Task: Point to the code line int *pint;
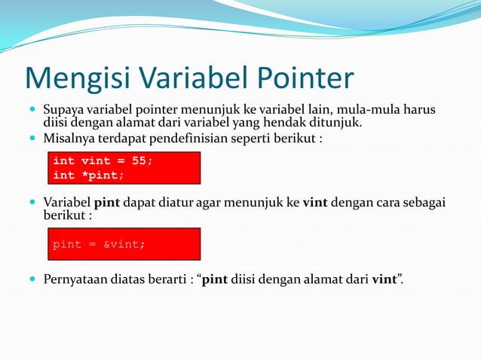coord(87,175)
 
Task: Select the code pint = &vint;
coord(98,245)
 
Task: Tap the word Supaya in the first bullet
coord(63,111)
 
